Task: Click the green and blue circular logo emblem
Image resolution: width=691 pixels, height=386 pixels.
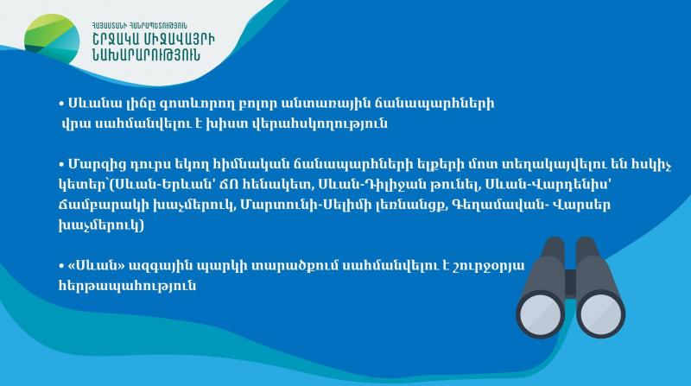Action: pyautogui.click(x=52, y=39)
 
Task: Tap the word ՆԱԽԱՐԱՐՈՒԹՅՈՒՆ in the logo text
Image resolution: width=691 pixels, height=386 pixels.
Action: pyautogui.click(x=146, y=54)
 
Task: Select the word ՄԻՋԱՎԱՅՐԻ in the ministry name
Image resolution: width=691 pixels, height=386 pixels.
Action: pyautogui.click(x=178, y=39)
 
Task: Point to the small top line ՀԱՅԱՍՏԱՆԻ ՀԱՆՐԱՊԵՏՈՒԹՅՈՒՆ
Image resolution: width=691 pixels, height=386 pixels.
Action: pyautogui.click(x=140, y=26)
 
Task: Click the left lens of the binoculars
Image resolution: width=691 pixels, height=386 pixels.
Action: pyautogui.click(x=541, y=314)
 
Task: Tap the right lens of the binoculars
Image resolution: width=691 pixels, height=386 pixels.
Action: pyautogui.click(x=600, y=314)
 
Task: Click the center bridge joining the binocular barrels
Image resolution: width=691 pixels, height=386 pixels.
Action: pyautogui.click(x=570, y=282)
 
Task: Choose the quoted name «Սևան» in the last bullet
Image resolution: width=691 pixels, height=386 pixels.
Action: pyautogui.click(x=97, y=266)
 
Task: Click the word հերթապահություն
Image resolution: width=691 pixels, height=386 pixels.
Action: pyautogui.click(x=127, y=286)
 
